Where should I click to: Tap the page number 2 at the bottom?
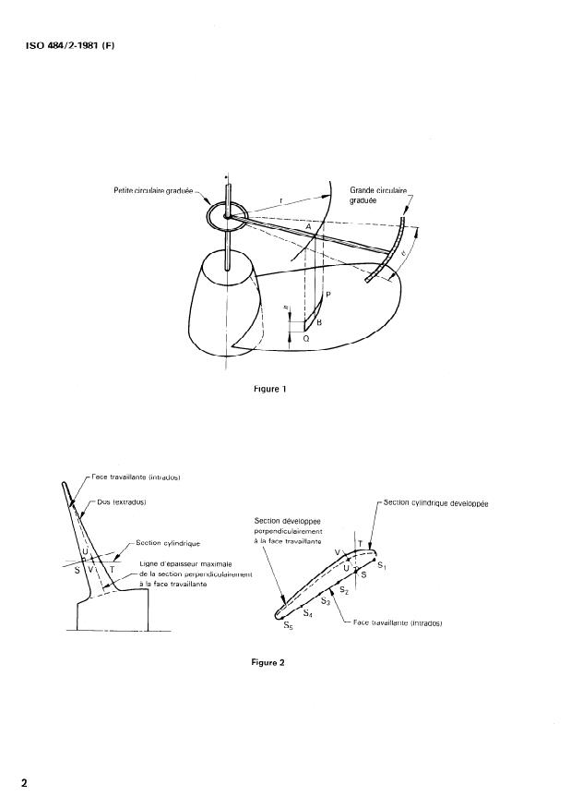pos(25,783)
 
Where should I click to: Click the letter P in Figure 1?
pos(328,295)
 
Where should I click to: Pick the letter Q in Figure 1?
pos(306,340)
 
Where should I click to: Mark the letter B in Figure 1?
pos(319,322)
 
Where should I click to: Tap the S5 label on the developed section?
pos(289,625)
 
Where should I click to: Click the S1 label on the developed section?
pos(382,562)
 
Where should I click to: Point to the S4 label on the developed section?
pos(308,613)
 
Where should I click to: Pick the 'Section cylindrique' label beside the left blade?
pos(169,543)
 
